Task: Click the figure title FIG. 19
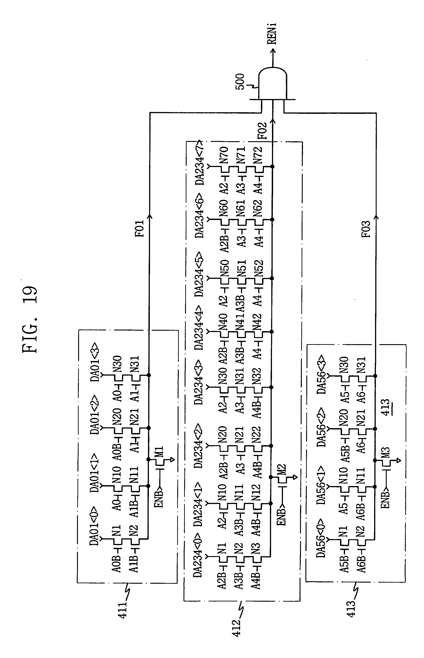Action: tap(30, 319)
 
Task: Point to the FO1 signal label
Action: tap(140, 228)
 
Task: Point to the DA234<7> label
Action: tap(199, 162)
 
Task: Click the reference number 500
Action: tap(240, 81)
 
